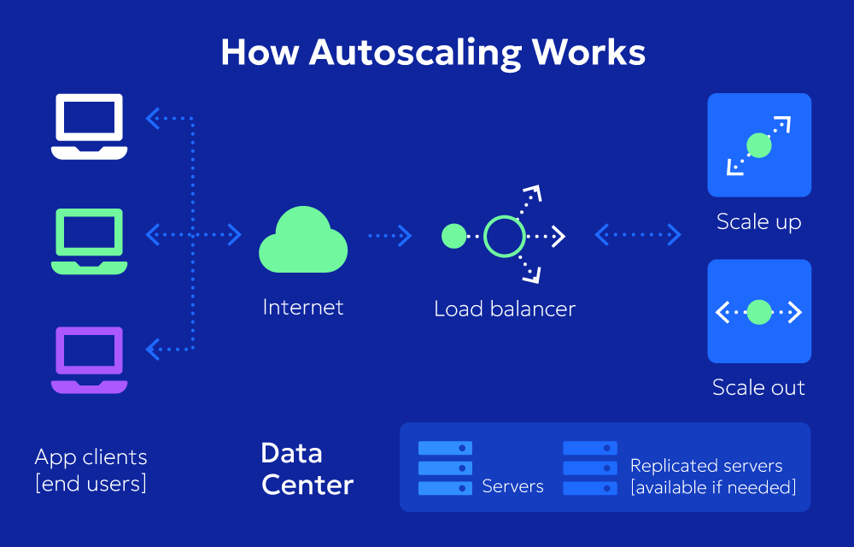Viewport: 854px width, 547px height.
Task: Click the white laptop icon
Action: [89, 126]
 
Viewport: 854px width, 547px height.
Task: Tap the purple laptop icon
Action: [89, 360]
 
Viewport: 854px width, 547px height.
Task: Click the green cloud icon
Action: [303, 241]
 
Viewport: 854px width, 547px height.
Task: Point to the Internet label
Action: [303, 307]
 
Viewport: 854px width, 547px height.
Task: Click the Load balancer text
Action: [505, 309]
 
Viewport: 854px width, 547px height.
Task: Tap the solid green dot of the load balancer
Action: [454, 236]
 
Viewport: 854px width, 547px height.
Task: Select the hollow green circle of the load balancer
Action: [504, 236]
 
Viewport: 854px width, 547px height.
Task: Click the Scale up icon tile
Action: [759, 145]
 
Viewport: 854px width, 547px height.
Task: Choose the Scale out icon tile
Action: [759, 312]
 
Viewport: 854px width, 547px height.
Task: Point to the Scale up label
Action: [759, 222]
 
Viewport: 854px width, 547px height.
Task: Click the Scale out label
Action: [759, 387]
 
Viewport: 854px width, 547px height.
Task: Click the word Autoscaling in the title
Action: [415, 53]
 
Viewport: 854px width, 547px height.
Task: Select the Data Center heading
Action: [307, 468]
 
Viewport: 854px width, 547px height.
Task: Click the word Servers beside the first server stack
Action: [512, 486]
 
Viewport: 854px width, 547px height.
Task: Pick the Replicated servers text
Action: [706, 466]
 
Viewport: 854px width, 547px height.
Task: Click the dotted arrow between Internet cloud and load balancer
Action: [390, 236]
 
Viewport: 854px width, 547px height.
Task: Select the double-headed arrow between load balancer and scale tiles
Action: [638, 234]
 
